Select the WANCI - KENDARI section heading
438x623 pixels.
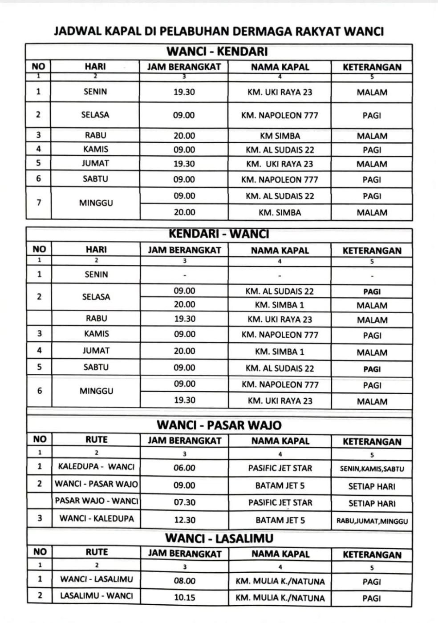217,52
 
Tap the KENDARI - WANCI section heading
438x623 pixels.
219,234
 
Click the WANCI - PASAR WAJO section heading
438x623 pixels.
219,425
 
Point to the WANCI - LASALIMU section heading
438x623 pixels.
219,538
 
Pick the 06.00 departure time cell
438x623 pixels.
184,468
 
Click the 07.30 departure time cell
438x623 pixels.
184,502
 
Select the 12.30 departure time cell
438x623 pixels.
184,520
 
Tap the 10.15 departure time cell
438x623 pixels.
184,598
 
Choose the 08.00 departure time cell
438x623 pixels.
184,581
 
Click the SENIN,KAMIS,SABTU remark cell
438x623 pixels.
372,469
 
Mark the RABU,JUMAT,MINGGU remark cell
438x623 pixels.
372,521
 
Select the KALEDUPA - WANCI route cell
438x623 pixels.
96,467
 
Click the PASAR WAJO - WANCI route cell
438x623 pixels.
96,501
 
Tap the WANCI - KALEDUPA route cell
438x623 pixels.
96,518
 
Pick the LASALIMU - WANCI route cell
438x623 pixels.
96,596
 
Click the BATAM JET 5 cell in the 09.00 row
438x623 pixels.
280,485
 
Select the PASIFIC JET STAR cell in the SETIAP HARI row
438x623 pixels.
280,503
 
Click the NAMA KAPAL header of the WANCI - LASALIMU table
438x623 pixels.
280,554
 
